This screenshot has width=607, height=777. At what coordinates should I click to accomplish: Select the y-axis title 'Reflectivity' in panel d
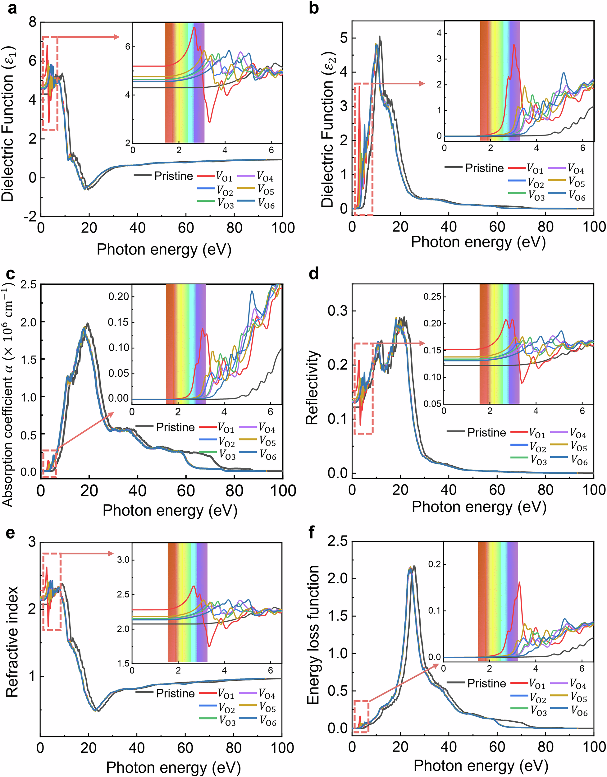click(312, 388)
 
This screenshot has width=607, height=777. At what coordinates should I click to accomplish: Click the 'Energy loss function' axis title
click(313, 635)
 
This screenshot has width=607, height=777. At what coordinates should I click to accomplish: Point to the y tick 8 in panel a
click(33, 22)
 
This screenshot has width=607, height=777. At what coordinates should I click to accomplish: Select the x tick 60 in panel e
click(185, 748)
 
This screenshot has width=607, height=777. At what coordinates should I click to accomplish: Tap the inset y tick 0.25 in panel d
click(432, 297)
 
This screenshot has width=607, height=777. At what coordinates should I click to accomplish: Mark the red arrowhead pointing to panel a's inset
click(116, 37)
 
